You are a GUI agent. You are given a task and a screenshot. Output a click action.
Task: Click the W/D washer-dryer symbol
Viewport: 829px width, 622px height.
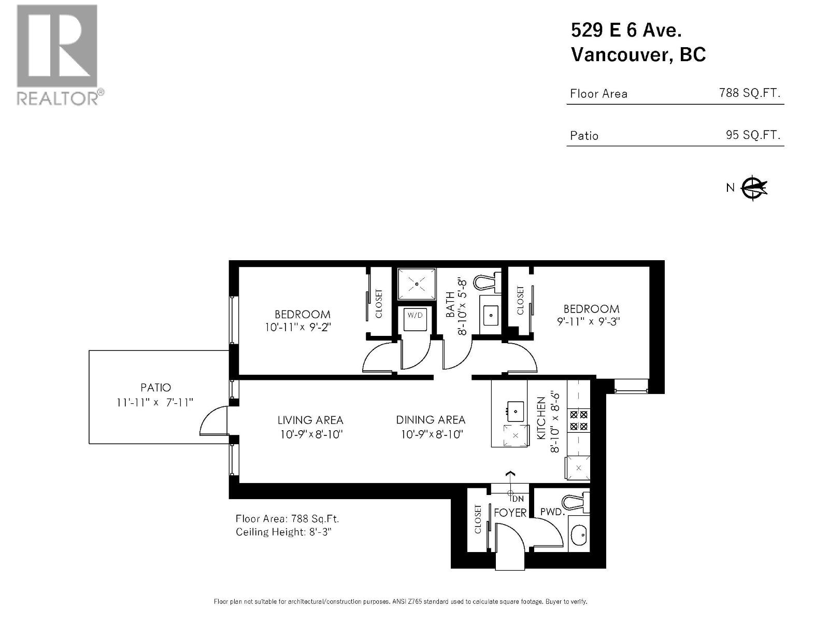pos(415,319)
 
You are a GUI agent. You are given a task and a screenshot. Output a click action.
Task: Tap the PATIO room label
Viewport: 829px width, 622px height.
pos(155,387)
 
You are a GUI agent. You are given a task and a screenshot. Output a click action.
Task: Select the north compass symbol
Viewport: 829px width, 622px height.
pos(754,188)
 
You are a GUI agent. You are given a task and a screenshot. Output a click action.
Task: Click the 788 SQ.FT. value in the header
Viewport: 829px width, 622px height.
pos(749,93)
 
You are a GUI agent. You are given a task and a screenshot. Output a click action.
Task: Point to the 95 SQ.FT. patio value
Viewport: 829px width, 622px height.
pos(752,135)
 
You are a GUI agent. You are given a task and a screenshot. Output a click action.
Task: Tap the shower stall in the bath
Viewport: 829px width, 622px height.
pos(417,284)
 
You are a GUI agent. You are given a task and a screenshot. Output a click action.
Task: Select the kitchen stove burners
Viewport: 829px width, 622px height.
pos(578,420)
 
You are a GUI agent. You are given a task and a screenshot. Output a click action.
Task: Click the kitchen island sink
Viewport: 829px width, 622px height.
pos(515,412)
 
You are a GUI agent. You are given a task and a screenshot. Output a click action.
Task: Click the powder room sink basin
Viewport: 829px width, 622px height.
pos(579,533)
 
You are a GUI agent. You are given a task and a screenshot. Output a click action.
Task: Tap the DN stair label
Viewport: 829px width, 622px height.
pos(518,499)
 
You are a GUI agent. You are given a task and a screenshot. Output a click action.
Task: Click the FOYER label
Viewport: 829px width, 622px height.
pos(510,513)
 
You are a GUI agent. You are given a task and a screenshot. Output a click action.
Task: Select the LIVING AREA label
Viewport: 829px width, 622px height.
pos(310,420)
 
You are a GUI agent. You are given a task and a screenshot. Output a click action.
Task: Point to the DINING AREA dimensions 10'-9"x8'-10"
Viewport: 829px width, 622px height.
pos(431,434)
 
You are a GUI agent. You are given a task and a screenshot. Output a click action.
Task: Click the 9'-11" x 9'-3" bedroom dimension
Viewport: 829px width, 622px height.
pos(589,321)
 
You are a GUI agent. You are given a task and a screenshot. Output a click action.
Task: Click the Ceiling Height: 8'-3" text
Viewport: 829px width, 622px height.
pos(283,532)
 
